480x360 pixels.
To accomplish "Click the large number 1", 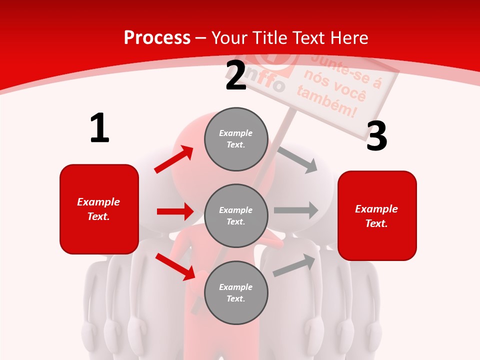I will (99, 128).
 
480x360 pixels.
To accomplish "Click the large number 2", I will (236, 76).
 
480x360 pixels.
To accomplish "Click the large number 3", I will (376, 136).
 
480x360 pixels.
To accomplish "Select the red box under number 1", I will (99, 209).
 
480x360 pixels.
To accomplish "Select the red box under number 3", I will (377, 215).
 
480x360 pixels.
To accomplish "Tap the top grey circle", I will (236, 139).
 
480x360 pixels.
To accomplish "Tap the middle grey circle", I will (236, 215).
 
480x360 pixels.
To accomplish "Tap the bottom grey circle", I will (236, 292).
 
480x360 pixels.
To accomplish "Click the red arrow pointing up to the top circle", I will (174, 159).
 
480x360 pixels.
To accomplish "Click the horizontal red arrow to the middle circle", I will (175, 211).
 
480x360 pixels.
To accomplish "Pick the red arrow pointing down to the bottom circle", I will (175, 266).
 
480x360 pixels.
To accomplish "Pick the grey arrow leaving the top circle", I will (298, 159).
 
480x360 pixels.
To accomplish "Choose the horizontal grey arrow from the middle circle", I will (295, 210).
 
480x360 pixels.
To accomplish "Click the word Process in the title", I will (157, 37).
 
